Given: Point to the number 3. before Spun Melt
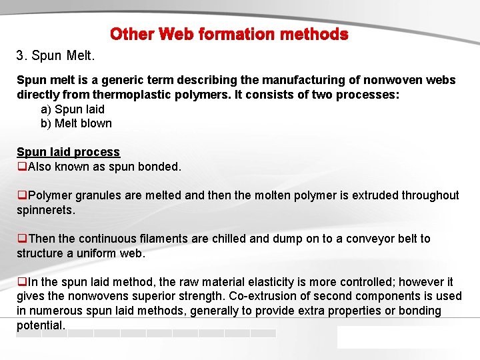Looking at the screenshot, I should [x=21, y=53].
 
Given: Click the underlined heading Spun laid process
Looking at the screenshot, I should [x=68, y=152].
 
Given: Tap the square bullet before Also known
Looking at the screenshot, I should [x=21, y=167].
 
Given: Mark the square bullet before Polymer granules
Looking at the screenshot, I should [x=21, y=195].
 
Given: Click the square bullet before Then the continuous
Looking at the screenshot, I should [x=21, y=239].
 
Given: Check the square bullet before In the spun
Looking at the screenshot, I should [x=21, y=282].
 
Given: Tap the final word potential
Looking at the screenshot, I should [x=40, y=325].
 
